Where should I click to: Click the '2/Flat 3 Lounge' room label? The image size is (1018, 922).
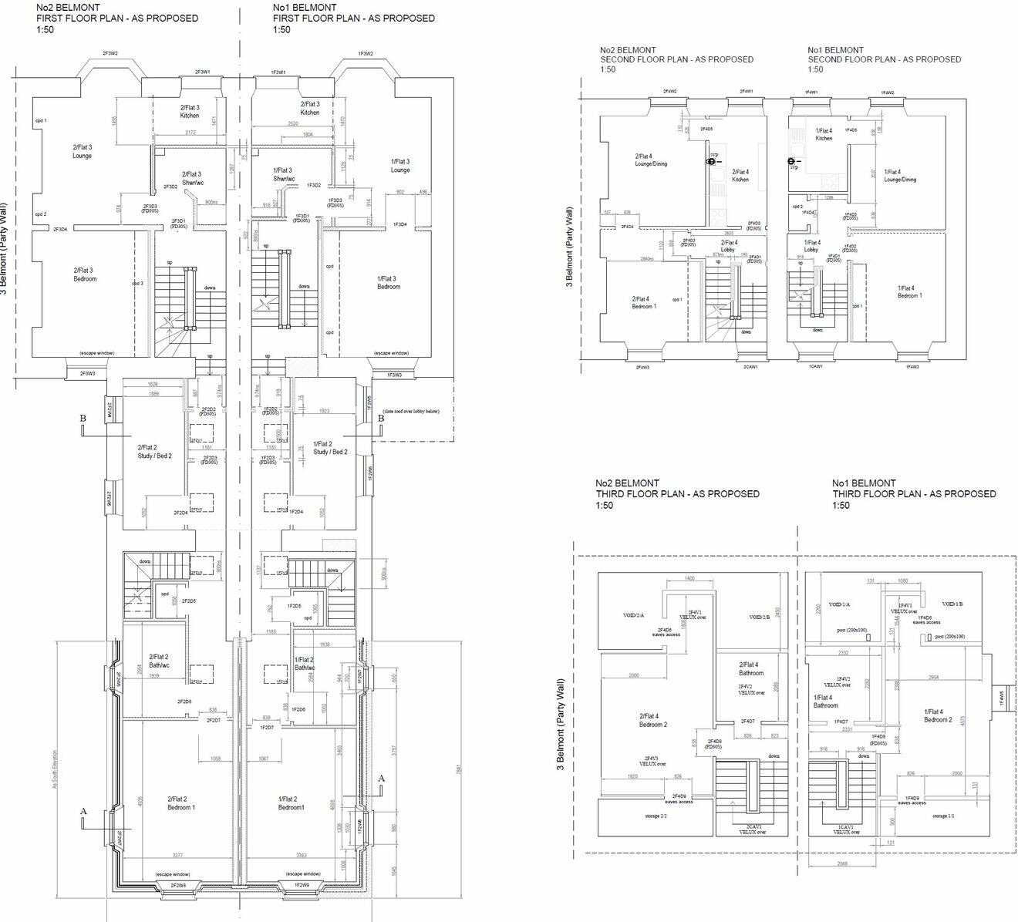83,151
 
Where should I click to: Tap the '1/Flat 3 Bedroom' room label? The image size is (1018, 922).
389,282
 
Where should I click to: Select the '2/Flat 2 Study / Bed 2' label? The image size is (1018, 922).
154,451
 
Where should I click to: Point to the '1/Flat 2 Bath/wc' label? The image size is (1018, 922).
304,664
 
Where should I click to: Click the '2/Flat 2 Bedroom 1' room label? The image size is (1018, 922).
181,803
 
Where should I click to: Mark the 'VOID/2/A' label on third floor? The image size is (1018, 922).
634,615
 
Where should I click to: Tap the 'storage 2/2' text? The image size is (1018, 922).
655,815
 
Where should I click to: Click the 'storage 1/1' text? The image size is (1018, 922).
944,815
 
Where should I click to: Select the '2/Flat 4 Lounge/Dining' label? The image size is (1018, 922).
651,160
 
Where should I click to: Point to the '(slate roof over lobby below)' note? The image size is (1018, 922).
410,412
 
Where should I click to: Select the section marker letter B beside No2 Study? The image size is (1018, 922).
83,419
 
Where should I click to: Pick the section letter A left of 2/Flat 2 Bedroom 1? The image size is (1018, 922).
83,811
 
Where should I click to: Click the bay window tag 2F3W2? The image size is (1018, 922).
110,54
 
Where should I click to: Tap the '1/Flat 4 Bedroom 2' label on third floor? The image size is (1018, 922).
938,715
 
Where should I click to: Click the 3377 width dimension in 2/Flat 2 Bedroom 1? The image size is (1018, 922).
178,855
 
